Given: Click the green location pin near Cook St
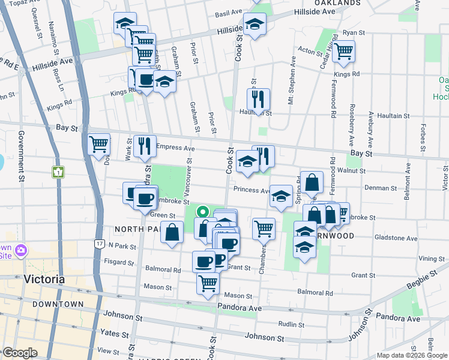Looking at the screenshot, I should coord(203,211).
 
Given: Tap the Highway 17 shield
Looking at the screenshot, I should coord(99,243).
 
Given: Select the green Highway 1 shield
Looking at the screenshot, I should coord(58,173).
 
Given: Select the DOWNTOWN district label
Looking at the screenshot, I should coord(58,304).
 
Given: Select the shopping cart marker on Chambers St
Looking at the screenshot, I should coord(264,228).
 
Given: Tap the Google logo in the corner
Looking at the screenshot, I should coord(20,353).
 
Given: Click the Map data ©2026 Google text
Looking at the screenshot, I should coord(412,355).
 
